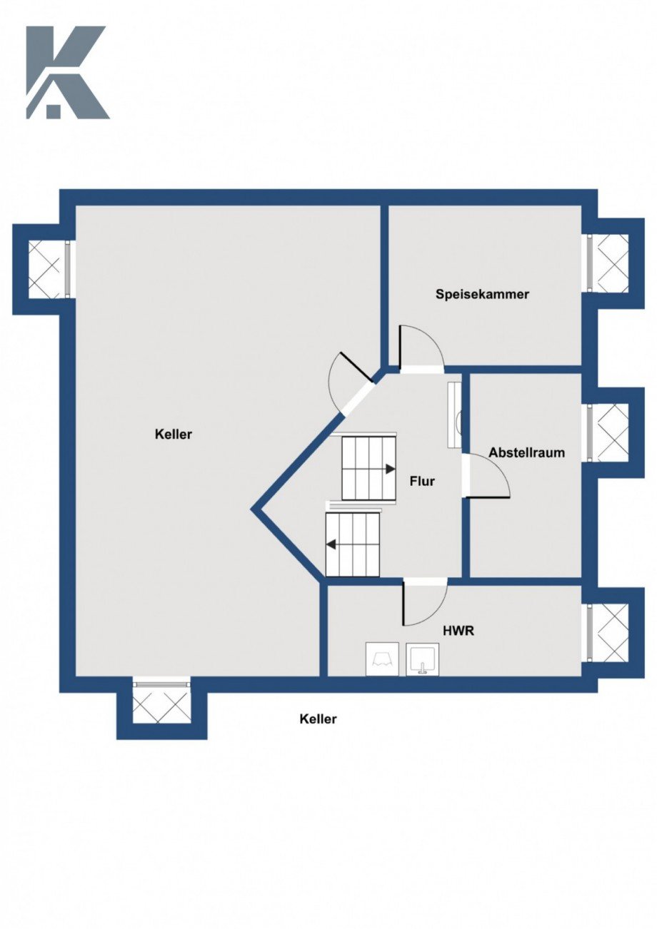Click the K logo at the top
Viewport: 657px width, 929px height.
(66, 72)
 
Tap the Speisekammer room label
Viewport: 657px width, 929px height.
(482, 294)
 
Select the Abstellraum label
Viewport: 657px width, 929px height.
(526, 452)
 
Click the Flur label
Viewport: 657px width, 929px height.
(422, 482)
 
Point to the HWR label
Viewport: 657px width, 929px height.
(458, 631)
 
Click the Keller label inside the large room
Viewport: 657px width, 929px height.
(174, 434)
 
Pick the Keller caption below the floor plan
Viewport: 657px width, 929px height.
(318, 719)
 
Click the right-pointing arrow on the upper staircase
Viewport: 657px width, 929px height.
(390, 469)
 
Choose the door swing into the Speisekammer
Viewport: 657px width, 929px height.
(419, 347)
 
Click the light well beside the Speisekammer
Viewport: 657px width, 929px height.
(612, 263)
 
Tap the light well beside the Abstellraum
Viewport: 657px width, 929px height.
(612, 432)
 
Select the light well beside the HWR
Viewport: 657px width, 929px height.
(612, 632)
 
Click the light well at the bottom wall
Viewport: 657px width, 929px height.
(161, 704)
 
